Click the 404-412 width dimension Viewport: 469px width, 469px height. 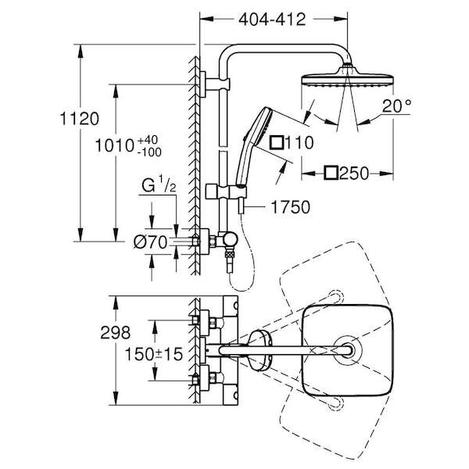[x=272, y=20]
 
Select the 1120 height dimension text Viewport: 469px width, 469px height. [x=79, y=119]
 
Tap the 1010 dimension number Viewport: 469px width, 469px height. [x=115, y=146]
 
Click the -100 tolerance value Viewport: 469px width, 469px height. [x=149, y=152]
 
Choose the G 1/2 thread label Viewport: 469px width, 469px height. [x=159, y=184]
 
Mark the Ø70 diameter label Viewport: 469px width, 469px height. [x=150, y=242]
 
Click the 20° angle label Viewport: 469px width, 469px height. [x=396, y=106]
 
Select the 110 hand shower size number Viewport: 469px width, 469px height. [x=299, y=142]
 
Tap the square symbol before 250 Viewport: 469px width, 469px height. [x=331, y=173]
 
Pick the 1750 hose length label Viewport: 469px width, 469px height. [x=290, y=207]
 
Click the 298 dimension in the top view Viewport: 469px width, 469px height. [x=115, y=332]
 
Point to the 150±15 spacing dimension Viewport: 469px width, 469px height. [x=153, y=354]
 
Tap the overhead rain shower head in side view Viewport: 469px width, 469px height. [x=347, y=77]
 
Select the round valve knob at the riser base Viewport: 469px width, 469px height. [x=231, y=240]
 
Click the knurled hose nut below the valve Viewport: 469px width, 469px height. [x=230, y=254]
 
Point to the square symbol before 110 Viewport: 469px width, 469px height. [x=277, y=142]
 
